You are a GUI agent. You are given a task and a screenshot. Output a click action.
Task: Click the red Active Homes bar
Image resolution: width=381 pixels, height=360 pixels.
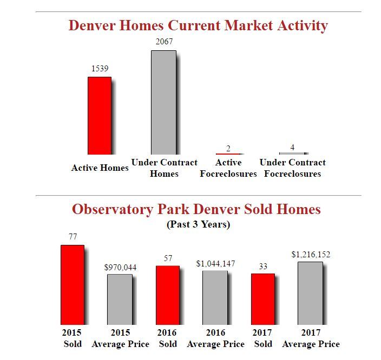(100, 116)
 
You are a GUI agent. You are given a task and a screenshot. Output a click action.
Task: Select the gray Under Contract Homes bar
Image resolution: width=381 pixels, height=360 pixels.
(163, 103)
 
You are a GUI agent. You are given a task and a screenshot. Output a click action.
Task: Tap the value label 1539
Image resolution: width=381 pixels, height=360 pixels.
(100, 69)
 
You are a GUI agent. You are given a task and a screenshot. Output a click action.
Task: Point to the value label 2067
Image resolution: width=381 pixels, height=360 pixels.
(163, 42)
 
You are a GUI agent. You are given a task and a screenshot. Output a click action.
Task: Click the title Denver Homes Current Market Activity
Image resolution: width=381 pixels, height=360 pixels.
(198, 25)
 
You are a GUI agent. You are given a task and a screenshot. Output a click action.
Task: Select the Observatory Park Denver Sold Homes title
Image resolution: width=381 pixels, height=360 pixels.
(196, 209)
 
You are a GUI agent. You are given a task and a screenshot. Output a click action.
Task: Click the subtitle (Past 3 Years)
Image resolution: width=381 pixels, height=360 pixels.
(198, 224)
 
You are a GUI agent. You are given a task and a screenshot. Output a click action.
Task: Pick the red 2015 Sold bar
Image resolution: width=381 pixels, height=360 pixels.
(72, 284)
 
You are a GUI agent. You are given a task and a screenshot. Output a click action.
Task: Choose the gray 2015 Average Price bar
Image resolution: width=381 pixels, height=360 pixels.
(120, 299)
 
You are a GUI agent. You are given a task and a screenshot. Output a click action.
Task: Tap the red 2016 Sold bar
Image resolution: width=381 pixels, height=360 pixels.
(167, 295)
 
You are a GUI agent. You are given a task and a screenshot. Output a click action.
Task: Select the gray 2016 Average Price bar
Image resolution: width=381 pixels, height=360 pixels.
(215, 297)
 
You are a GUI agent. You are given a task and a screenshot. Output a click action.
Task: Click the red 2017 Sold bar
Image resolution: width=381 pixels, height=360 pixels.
(262, 298)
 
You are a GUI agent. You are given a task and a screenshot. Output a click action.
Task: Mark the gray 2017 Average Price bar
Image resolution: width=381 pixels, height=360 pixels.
(310, 293)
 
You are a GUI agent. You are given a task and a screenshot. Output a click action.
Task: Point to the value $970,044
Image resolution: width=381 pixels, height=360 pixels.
(120, 267)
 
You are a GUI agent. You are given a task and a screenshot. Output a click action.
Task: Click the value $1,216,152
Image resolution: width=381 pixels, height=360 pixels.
(311, 254)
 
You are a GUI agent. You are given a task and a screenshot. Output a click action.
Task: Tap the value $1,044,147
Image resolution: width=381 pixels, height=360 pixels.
(215, 263)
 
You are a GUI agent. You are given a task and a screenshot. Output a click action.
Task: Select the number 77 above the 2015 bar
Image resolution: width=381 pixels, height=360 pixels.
(73, 237)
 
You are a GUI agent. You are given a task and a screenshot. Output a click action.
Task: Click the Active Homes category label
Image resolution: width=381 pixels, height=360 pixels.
(100, 168)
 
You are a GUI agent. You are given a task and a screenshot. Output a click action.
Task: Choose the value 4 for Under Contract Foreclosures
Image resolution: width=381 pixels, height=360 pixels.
(292, 148)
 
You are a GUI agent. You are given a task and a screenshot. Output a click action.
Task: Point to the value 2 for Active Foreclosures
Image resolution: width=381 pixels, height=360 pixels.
(228, 149)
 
